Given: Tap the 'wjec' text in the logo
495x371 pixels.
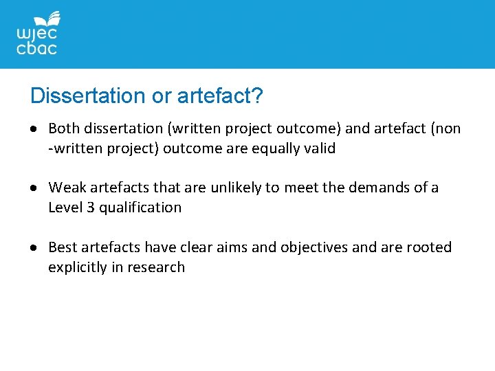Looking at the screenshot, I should coord(36,34).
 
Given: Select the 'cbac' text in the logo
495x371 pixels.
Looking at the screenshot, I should coord(36,49).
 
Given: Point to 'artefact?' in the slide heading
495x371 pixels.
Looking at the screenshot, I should coord(220,95).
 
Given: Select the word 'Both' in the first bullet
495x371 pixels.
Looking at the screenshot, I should coord(64,128).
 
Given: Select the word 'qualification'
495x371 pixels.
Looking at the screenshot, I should coord(140,207).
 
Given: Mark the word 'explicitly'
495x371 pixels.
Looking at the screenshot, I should coord(77,267).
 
